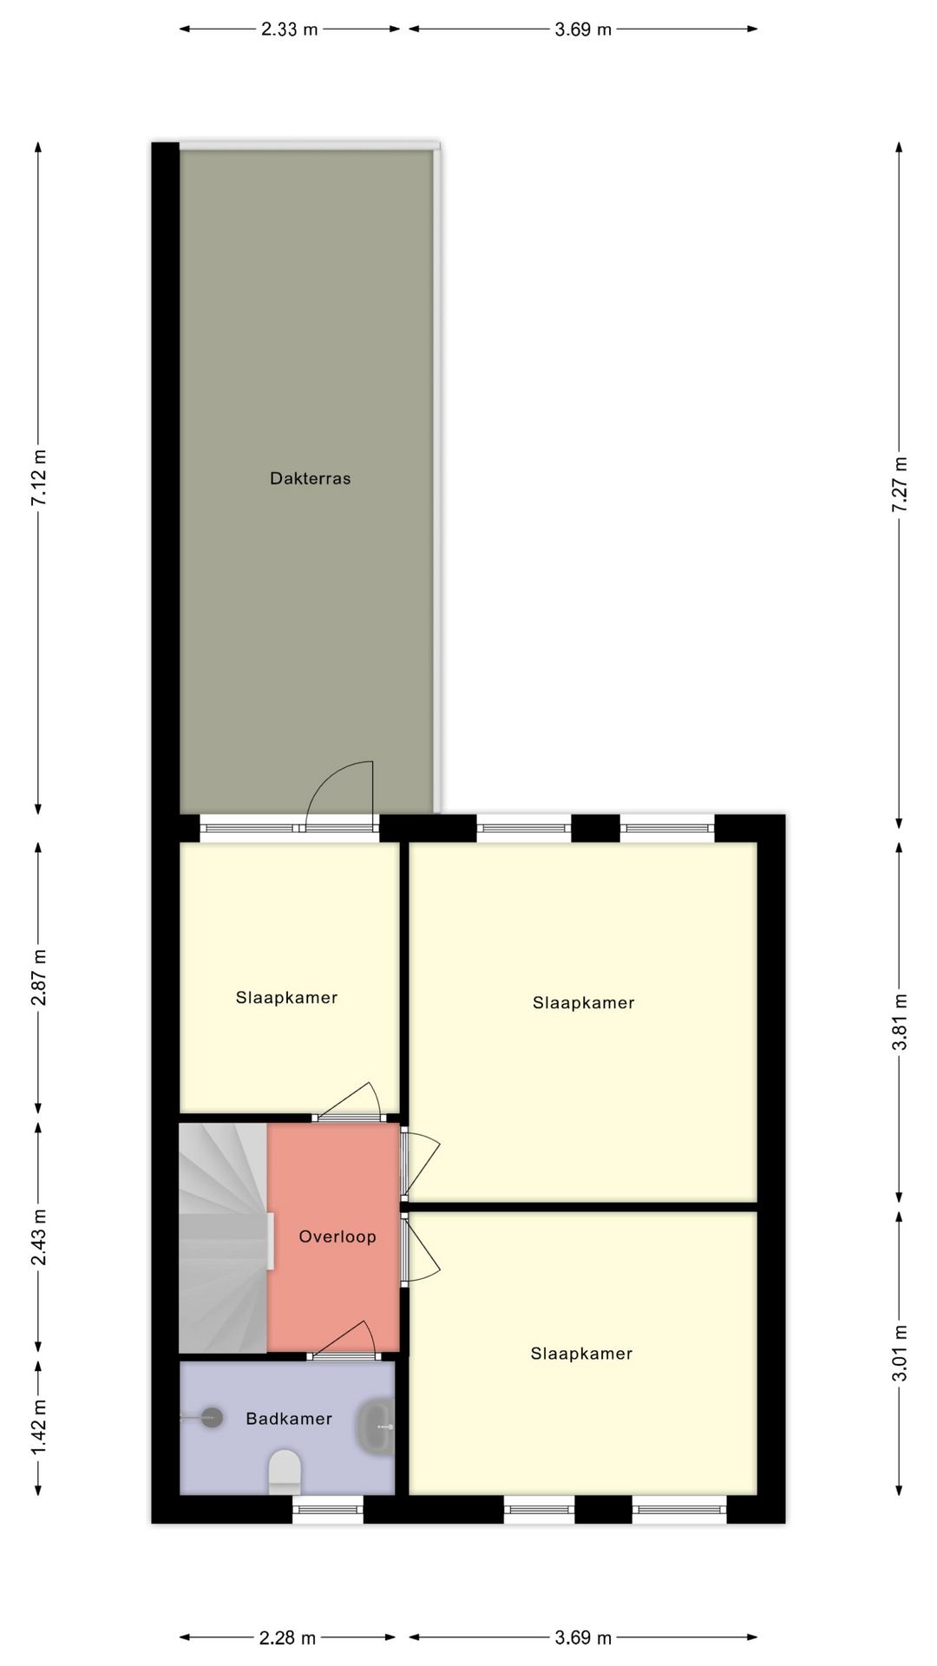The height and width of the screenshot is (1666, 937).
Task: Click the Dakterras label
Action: [x=310, y=478]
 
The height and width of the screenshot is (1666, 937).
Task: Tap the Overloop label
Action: [x=337, y=1236]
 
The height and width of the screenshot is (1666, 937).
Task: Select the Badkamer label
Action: [x=289, y=1419]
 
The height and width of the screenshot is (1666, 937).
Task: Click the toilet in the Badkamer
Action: [x=285, y=1471]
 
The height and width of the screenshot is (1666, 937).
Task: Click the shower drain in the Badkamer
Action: [x=212, y=1417]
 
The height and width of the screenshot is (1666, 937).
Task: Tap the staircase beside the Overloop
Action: [x=223, y=1238]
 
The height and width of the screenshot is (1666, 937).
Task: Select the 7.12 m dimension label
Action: [x=39, y=478]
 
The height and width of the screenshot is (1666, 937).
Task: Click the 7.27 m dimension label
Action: [x=900, y=484]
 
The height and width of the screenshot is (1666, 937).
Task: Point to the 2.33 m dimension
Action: [x=290, y=30]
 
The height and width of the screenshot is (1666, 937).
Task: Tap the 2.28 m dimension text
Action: [x=288, y=1637]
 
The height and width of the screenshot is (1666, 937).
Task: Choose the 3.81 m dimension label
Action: [x=900, y=1022]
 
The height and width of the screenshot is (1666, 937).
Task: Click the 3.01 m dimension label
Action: [x=900, y=1353]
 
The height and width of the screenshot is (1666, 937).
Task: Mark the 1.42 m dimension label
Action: [x=39, y=1428]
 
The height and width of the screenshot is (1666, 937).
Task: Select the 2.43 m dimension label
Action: [x=39, y=1236]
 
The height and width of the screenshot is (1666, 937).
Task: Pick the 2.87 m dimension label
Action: [x=39, y=978]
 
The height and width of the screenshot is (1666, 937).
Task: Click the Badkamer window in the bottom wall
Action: [x=328, y=1510]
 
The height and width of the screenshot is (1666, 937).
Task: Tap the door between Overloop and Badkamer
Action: [x=344, y=1341]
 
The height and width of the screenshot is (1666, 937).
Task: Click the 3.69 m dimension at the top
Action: [x=583, y=30]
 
